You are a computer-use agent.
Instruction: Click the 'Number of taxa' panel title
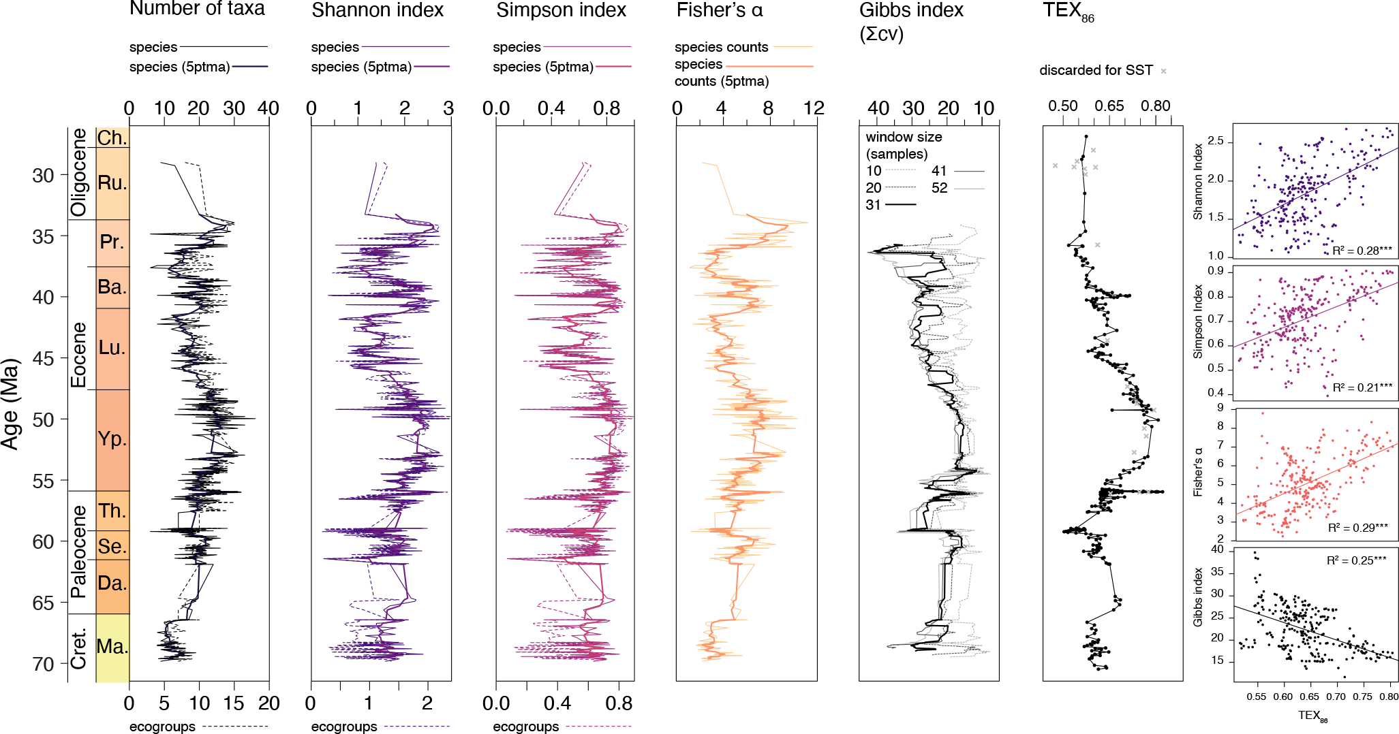pos(197,9)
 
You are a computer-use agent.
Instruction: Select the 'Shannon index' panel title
pos(378,10)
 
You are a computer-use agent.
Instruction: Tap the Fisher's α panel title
pos(720,10)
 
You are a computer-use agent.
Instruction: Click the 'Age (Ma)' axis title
pos(10,404)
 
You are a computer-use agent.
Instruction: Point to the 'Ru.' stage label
pos(112,182)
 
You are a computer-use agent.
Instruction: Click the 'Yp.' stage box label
pos(112,438)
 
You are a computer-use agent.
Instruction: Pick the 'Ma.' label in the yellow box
pos(112,646)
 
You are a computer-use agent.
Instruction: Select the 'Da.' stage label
pos(112,583)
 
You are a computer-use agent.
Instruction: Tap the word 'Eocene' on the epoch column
pos(79,355)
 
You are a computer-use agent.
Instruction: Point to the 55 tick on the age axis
pos(43,481)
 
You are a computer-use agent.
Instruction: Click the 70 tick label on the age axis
pos(43,664)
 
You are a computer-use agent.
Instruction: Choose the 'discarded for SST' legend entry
pos(1096,70)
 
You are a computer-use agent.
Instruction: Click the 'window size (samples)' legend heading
pos(904,145)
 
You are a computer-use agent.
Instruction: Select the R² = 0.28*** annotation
pos(1362,251)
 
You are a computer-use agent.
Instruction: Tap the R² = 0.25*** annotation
pos(1356,560)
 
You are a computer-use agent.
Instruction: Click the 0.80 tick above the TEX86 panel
pos(1156,106)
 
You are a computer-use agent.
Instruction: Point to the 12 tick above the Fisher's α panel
pos(814,108)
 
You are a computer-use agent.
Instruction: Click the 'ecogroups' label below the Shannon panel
pos(344,727)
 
